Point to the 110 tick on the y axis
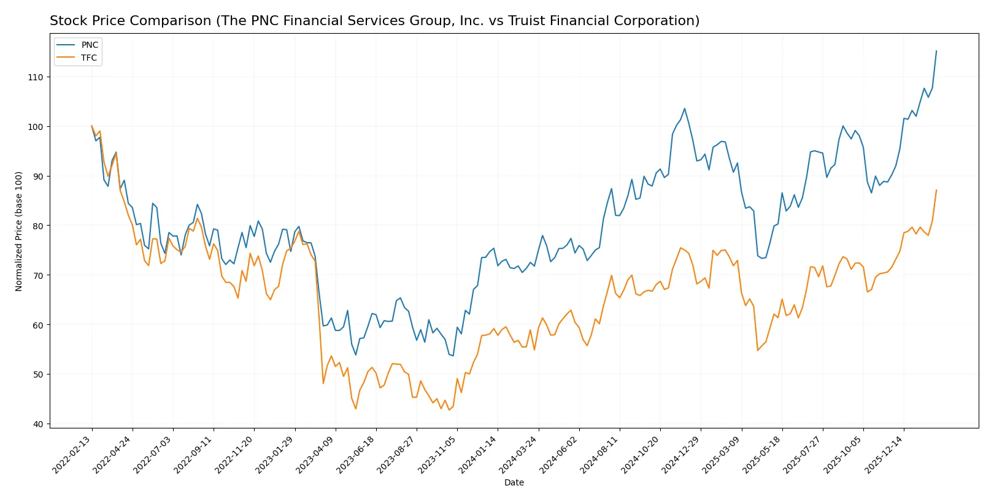pos(36,77)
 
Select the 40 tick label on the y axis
pos(38,424)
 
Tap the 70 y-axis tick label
pos(38,276)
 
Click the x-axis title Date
pos(514,483)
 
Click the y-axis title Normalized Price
pos(19,231)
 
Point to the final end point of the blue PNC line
pos(936,51)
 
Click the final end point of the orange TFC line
pos(936,190)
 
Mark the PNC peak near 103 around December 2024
pos(685,108)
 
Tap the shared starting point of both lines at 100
pos(92,126)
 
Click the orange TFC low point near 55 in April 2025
pos(758,350)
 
